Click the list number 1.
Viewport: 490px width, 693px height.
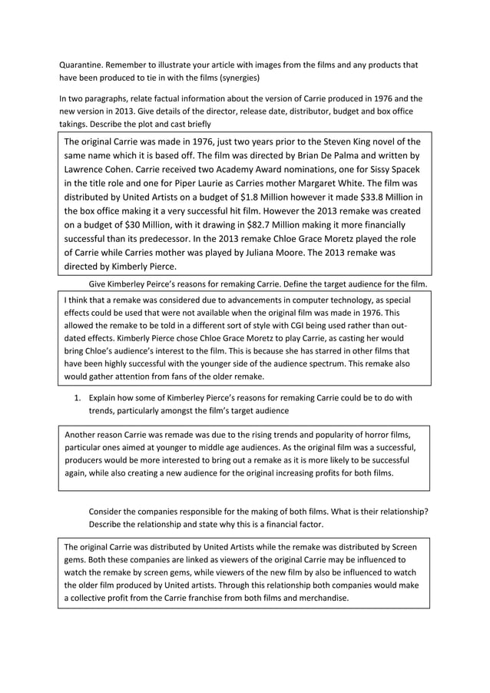point(77,398)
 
